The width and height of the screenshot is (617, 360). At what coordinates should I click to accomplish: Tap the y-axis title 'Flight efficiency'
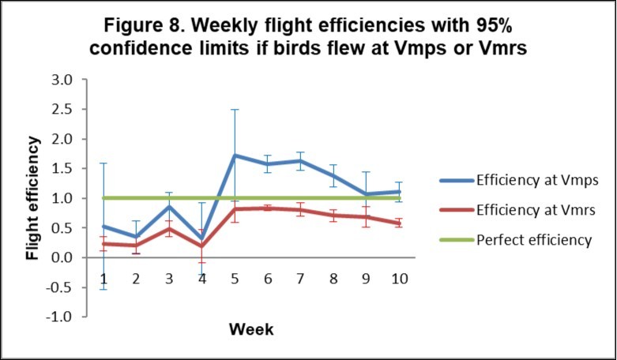(34, 198)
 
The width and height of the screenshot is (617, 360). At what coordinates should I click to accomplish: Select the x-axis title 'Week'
(251, 329)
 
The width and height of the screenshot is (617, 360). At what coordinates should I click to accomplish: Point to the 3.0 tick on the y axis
(62, 80)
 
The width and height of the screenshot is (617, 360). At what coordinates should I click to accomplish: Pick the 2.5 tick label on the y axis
(62, 109)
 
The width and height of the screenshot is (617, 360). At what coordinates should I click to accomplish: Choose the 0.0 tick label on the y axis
(62, 257)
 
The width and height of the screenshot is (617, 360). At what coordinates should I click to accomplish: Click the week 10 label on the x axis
(401, 278)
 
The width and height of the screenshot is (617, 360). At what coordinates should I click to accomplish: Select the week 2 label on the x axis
(136, 278)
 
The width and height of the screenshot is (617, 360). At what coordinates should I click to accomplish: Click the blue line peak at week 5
(235, 156)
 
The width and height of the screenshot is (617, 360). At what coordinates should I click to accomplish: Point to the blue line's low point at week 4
(202, 239)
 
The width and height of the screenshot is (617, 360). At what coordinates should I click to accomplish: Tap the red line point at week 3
(169, 229)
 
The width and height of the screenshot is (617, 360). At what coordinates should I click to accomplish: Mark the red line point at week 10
(401, 223)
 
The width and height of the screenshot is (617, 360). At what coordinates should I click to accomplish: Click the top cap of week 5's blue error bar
(235, 110)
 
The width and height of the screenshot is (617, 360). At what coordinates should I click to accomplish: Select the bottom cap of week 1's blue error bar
(103, 289)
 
